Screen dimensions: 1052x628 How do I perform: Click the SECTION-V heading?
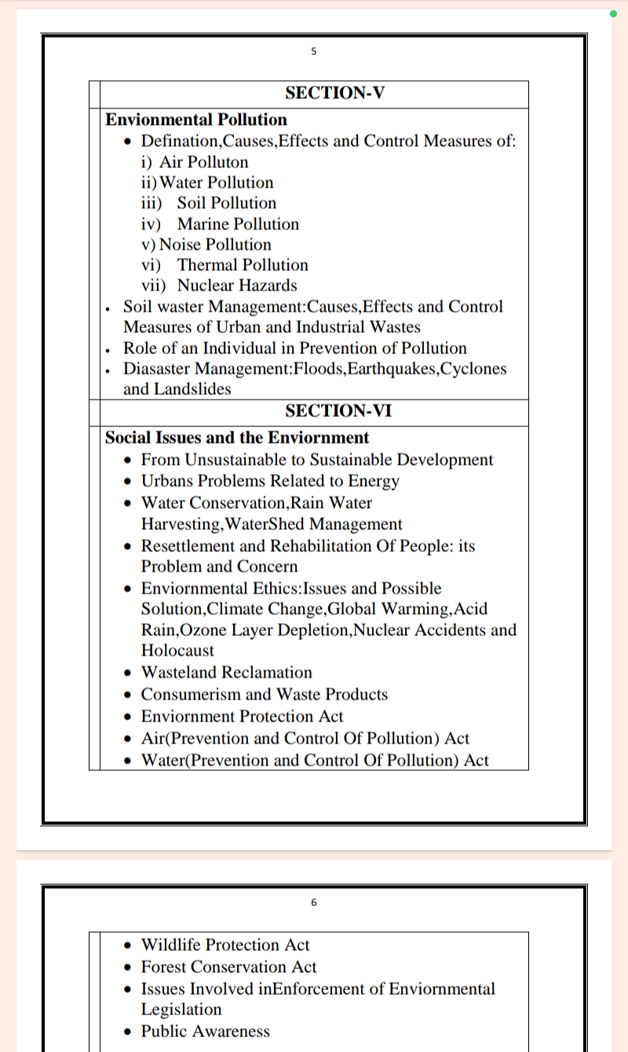[335, 93]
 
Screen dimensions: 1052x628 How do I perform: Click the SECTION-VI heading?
[338, 411]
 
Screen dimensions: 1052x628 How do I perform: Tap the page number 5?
[314, 52]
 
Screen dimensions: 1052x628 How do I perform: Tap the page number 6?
[314, 903]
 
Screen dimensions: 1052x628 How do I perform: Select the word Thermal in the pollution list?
[206, 265]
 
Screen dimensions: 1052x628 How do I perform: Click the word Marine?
[203, 225]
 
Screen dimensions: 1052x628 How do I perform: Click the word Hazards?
[267, 286]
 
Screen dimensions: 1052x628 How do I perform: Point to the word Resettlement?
[190, 546]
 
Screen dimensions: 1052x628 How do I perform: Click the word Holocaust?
[177, 651]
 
